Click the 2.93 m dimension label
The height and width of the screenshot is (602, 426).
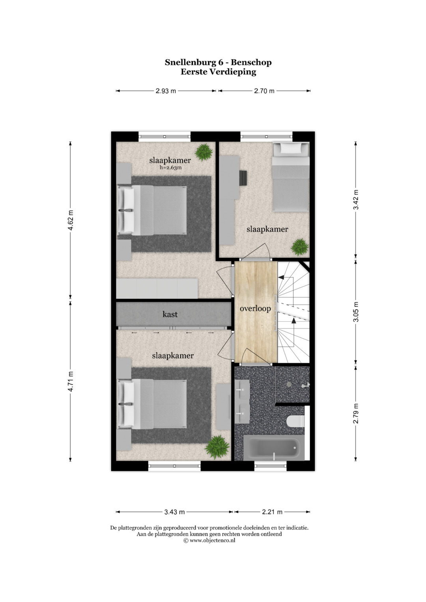(x=166, y=91)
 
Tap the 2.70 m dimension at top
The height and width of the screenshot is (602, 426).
(x=264, y=91)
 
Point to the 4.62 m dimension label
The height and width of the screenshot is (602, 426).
(x=71, y=220)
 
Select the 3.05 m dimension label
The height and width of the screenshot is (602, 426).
(x=356, y=311)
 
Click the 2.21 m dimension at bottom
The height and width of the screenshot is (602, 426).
(x=272, y=512)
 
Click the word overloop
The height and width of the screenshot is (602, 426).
(x=255, y=309)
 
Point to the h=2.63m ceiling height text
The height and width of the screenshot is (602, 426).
(x=170, y=168)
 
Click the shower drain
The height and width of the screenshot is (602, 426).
(x=289, y=384)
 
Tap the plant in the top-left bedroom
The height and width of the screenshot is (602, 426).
(x=204, y=152)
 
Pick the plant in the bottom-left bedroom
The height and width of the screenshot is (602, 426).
(x=217, y=447)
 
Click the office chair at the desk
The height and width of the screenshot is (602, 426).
(x=243, y=178)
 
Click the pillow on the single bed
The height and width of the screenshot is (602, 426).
(x=290, y=148)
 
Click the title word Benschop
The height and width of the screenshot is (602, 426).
(x=251, y=62)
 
